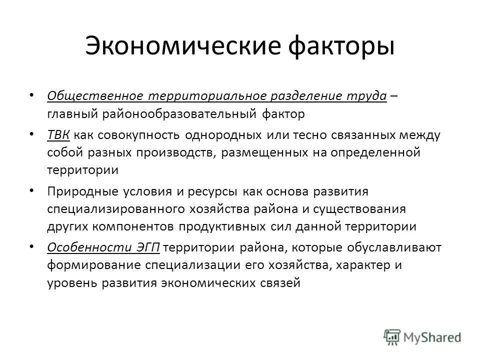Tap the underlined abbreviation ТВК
coord(59,136)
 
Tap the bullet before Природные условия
coord(32,190)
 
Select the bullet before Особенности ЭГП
coord(32,245)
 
